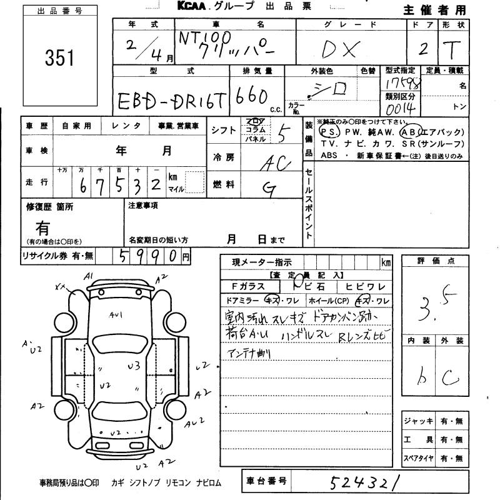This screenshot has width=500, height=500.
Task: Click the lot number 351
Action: (x=59, y=57)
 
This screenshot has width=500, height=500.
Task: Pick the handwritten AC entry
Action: (x=272, y=162)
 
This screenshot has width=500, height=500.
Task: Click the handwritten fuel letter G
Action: (x=270, y=190)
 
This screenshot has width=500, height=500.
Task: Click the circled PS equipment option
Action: (x=327, y=132)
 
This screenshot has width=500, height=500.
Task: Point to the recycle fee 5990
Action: (x=147, y=255)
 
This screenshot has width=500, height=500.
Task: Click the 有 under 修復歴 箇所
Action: (x=42, y=227)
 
